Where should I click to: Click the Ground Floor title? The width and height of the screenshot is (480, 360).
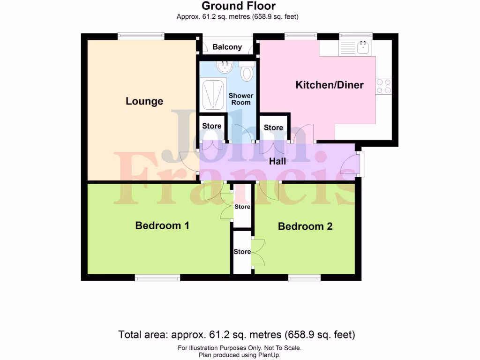pos(238,6)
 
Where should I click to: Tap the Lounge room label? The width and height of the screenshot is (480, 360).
pos(144,101)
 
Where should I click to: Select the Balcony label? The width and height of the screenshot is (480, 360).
pos(227,47)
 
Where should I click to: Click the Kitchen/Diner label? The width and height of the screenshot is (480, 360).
pos(329,85)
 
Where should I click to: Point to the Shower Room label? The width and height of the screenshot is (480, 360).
pos(240,99)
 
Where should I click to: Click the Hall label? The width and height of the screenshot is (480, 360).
pos(277,162)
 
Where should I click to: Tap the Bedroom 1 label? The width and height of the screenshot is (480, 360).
pos(162,225)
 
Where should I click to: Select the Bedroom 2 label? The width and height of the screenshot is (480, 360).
pos(305,226)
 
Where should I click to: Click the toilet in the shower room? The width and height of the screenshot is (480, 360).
pos(247,74)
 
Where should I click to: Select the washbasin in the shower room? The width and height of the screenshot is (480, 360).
pos(225,67)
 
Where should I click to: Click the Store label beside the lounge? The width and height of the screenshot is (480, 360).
pos(211,126)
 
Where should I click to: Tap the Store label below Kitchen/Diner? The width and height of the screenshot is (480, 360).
pos(273,127)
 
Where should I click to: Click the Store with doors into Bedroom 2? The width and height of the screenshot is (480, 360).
pos(242,252)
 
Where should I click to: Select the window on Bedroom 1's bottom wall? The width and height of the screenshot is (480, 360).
pos(157,279)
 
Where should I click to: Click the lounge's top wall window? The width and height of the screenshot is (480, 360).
pos(141,36)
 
